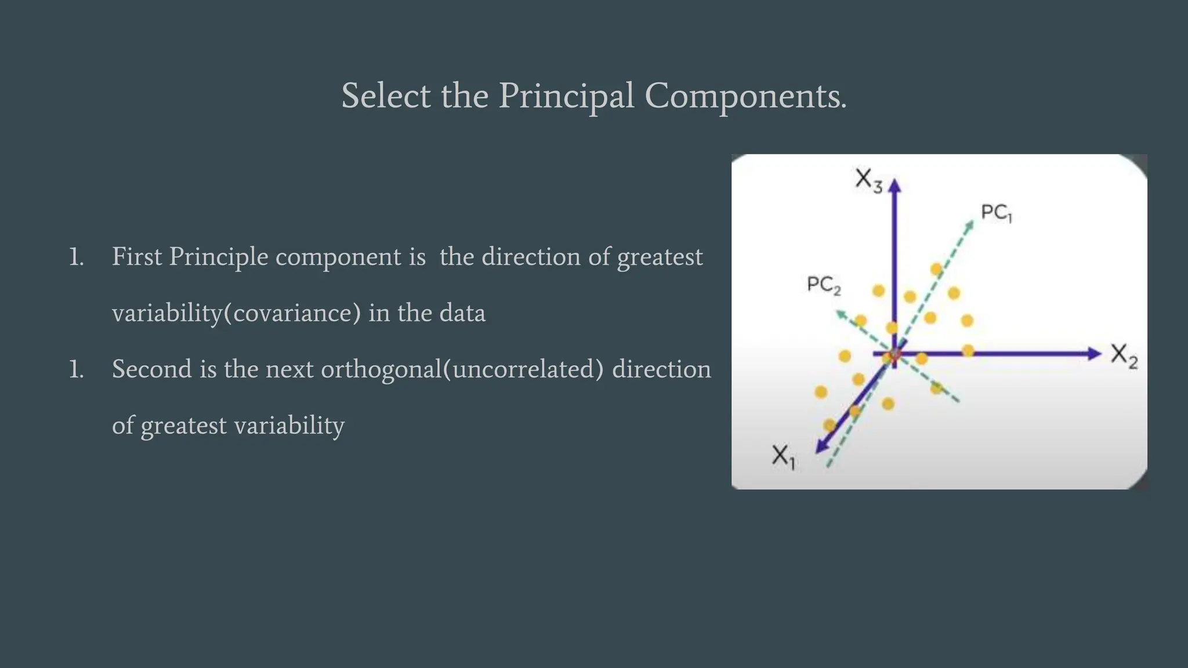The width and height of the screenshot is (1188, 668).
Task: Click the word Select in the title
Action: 386,96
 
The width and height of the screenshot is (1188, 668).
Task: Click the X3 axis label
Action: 868,180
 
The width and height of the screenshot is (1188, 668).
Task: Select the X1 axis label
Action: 783,456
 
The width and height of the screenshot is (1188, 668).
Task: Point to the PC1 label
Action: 996,213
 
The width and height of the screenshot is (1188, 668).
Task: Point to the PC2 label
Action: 823,285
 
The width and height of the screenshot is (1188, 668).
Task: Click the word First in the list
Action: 136,257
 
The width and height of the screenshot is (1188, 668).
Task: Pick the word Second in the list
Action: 151,369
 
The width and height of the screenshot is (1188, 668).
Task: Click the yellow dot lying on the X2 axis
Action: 968,350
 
